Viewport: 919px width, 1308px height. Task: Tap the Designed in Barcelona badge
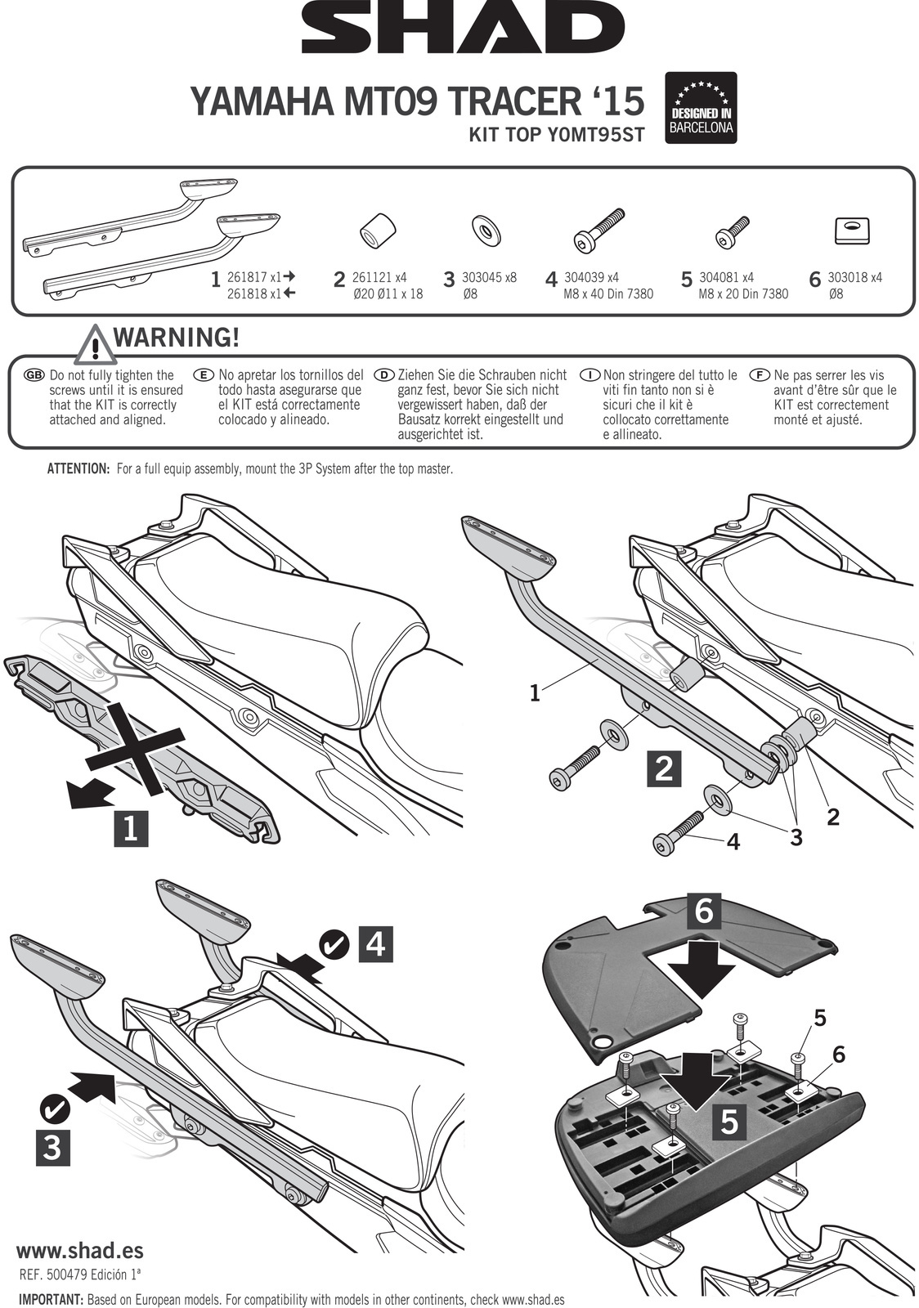click(702, 108)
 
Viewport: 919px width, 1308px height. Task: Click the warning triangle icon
click(95, 345)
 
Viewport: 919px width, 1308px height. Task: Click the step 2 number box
click(664, 768)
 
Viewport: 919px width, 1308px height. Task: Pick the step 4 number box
click(374, 944)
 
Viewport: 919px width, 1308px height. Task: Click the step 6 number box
click(705, 911)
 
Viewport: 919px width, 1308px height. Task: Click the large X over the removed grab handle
click(135, 747)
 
